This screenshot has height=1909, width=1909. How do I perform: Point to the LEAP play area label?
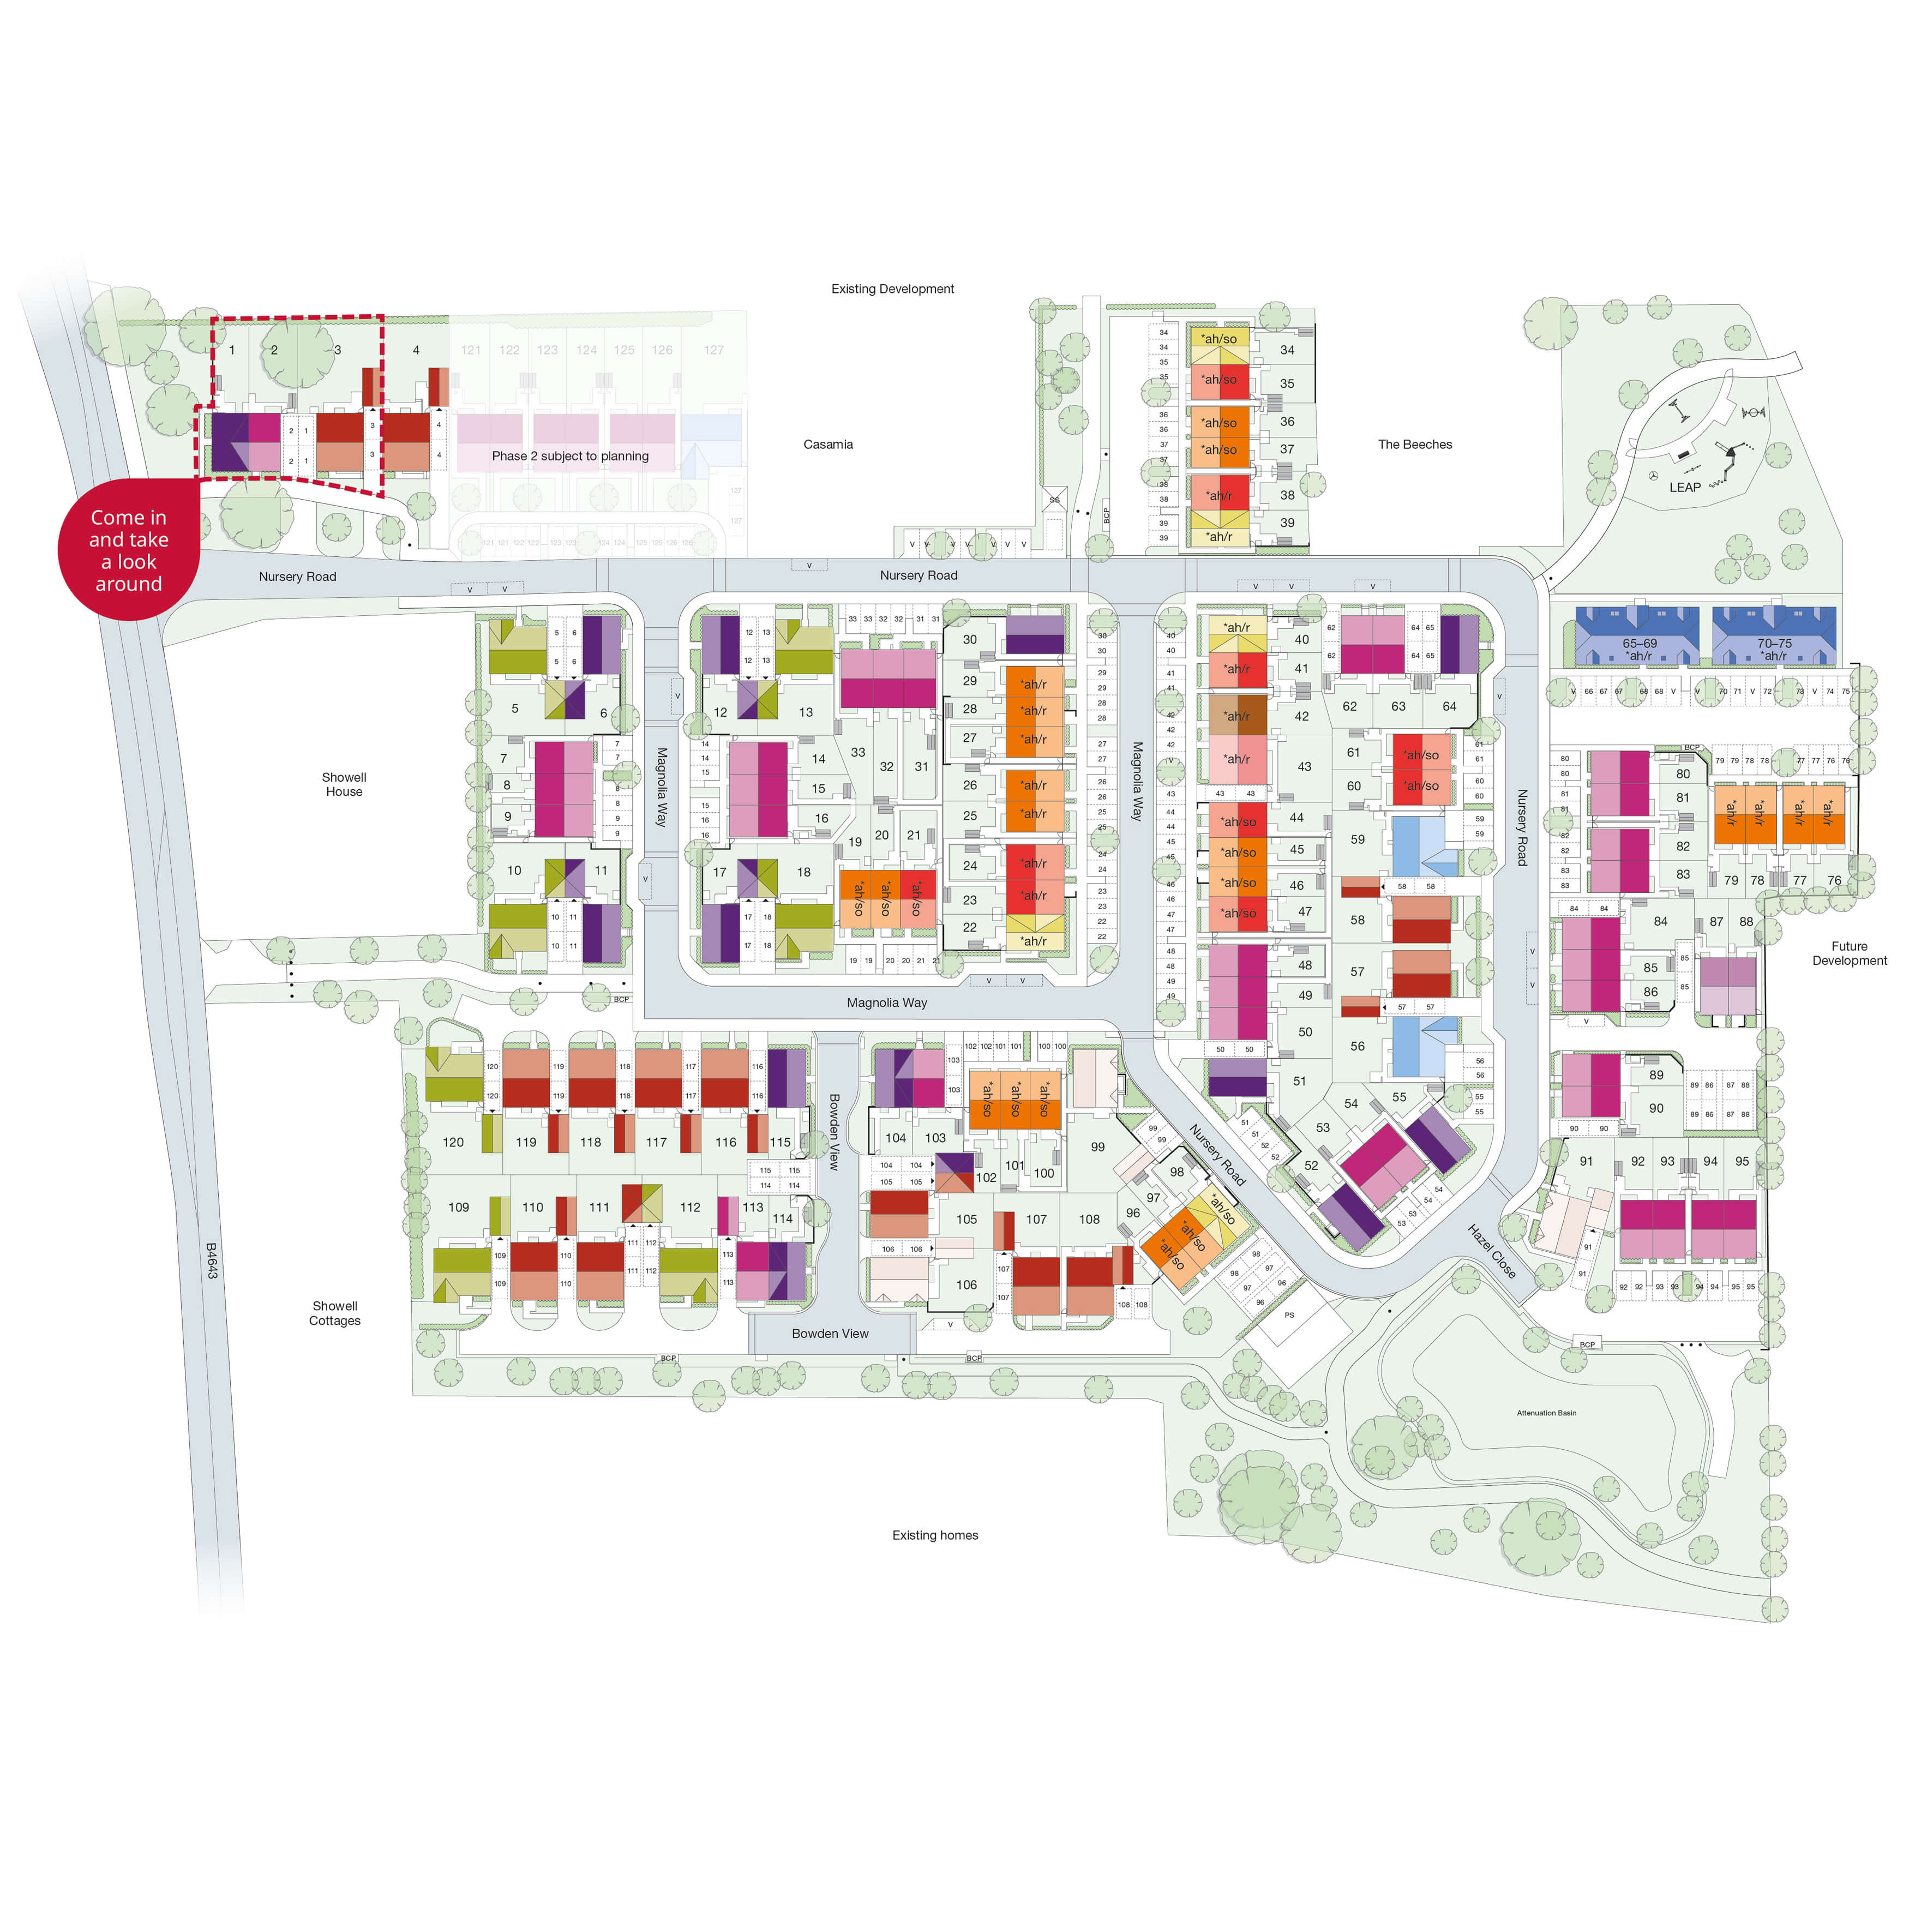pyautogui.click(x=1685, y=487)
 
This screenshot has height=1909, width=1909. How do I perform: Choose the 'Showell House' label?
pyautogui.click(x=344, y=784)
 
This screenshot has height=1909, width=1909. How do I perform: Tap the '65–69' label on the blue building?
pyautogui.click(x=1639, y=643)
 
